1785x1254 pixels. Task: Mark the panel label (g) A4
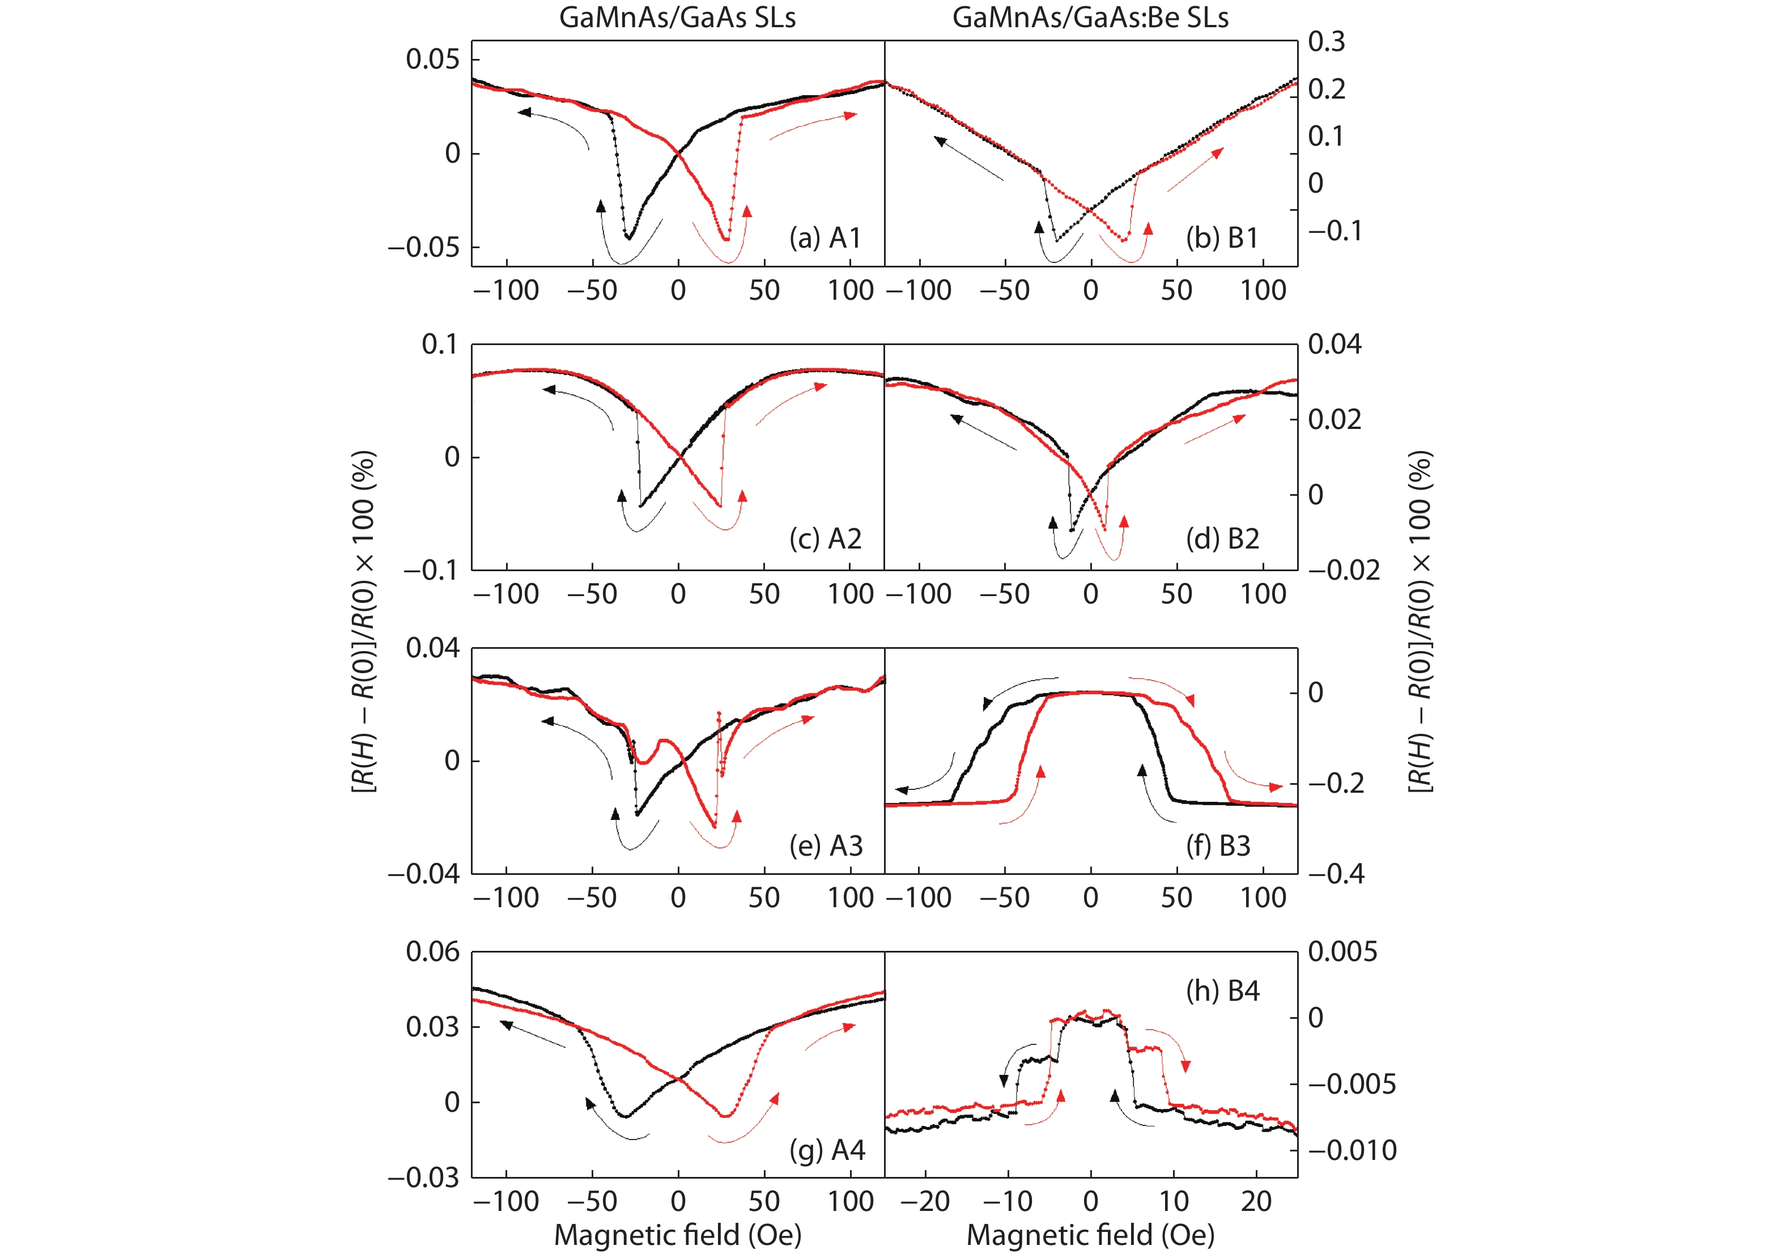[826, 1150]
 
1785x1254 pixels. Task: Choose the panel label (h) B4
[1222, 991]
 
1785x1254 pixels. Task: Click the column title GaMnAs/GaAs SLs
[677, 17]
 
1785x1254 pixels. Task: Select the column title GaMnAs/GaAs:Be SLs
[1090, 17]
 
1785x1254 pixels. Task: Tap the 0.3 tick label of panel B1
[1327, 41]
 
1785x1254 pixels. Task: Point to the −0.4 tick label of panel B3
[1336, 874]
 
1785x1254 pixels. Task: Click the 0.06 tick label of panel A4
[432, 951]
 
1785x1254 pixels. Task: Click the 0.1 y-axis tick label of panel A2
[440, 345]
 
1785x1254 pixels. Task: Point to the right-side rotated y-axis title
[1421, 622]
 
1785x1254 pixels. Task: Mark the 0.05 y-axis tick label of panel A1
[432, 59]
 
